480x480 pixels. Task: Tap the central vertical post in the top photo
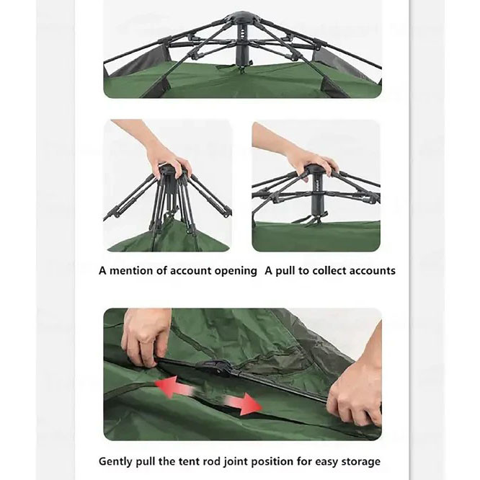pos(243,43)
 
